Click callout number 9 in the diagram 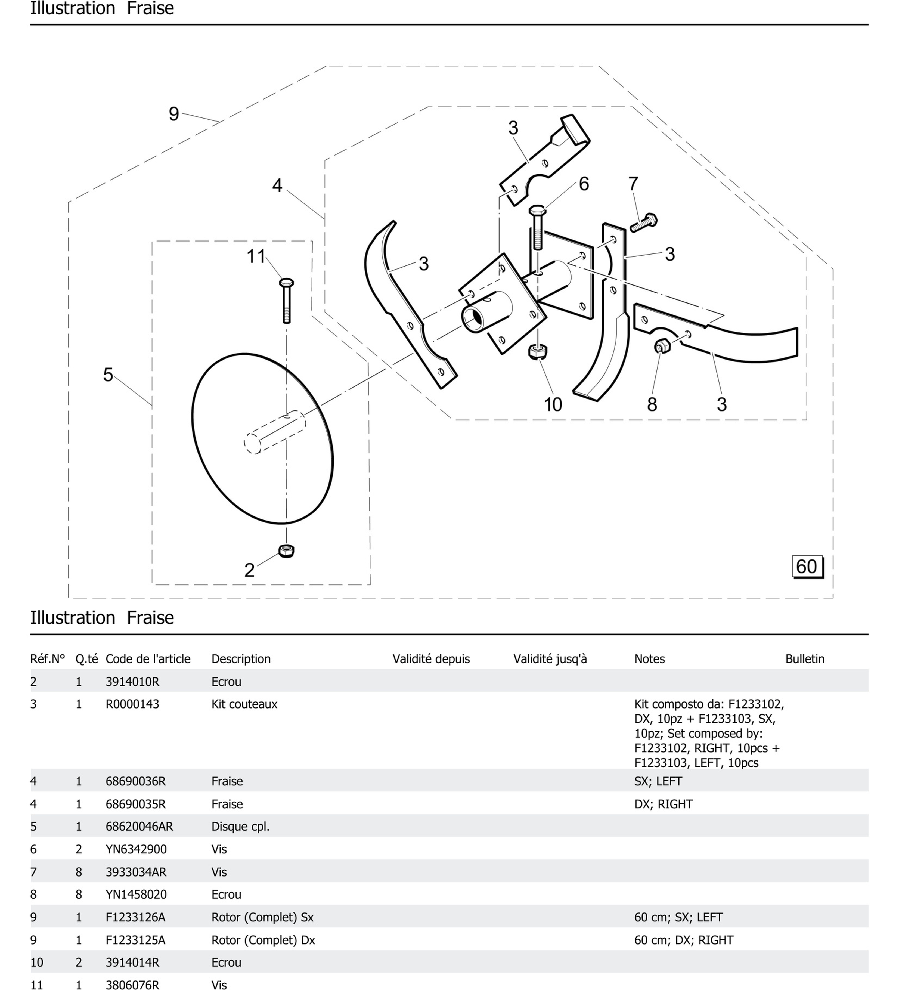tap(174, 114)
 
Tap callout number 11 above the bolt tap(256, 256)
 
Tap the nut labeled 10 tap(538, 352)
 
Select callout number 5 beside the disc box tap(108, 375)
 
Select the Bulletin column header tap(804, 659)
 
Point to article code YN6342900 tap(136, 849)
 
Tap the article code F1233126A tap(135, 917)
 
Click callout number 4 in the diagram tap(277, 185)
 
